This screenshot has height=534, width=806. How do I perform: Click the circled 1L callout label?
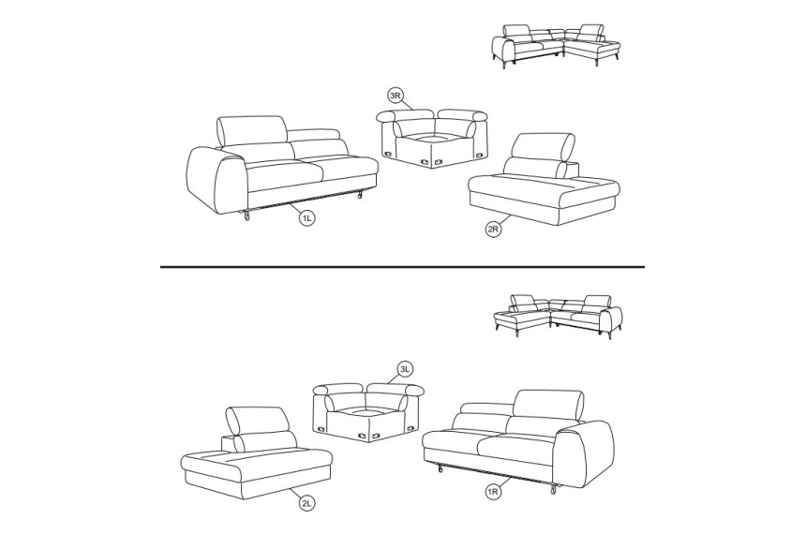[x=306, y=218]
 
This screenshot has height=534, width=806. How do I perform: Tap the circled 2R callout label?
[x=493, y=230]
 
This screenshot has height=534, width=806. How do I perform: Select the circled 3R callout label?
[x=395, y=96]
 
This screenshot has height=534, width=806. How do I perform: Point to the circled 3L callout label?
[x=406, y=369]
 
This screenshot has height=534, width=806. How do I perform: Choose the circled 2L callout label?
[x=306, y=504]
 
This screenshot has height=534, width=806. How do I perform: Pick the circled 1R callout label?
[x=493, y=493]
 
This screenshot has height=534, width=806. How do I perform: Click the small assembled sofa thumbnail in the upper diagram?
[x=555, y=45]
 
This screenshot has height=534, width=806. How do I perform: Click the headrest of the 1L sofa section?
[x=252, y=130]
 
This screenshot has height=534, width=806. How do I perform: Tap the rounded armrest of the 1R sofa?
[x=585, y=453]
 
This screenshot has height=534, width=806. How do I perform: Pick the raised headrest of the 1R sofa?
[x=548, y=405]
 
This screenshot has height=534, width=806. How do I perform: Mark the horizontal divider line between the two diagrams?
[x=402, y=267]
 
